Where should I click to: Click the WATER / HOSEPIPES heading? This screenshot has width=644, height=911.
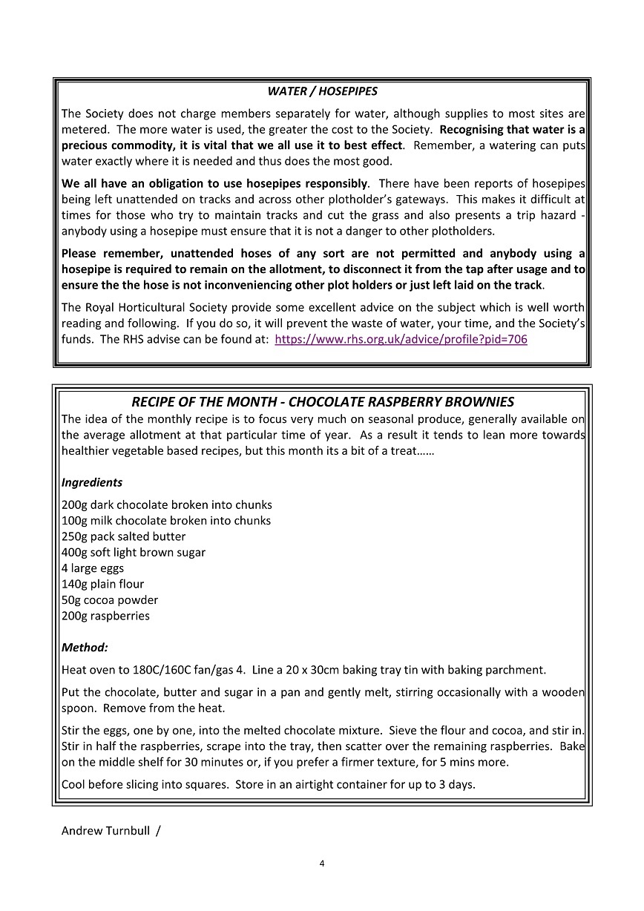pos(322,92)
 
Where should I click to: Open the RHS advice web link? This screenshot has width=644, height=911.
pos(401,340)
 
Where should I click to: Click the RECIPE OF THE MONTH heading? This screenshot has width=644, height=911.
pos(322,402)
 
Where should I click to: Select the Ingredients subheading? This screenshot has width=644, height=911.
pos(92,483)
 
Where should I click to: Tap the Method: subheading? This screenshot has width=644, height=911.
pos(85,648)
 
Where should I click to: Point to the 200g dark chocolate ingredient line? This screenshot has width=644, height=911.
pos(167,505)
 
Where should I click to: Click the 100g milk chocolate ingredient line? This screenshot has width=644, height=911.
pos(166,521)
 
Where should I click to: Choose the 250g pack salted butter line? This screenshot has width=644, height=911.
pos(124,536)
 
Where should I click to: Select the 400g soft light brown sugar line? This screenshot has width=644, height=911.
pos(134,553)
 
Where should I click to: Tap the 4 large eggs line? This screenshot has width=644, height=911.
pos(93,568)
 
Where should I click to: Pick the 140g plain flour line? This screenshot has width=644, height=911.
pos(103,584)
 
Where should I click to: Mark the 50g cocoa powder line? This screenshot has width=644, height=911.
pos(110,600)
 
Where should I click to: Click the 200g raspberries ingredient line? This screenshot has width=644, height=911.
pos(105,616)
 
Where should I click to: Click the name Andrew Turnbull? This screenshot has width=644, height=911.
pos(105,831)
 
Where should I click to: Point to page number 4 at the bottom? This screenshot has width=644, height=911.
pos(322,863)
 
